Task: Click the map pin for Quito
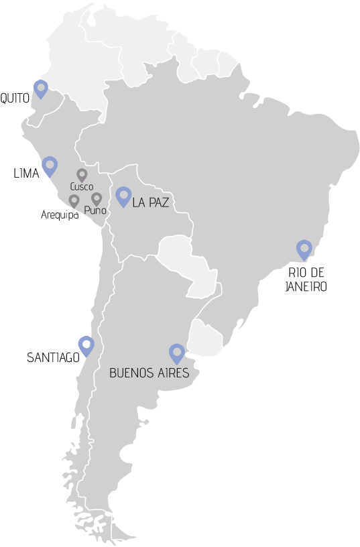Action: tap(42, 88)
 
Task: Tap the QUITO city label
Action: tap(15, 99)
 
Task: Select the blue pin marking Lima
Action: tap(50, 165)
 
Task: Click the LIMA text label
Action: tap(26, 174)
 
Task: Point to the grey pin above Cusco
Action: tap(82, 175)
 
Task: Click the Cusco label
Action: tap(81, 187)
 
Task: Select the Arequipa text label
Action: tap(59, 215)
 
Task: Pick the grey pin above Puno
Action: tap(97, 198)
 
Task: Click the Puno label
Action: tap(95, 210)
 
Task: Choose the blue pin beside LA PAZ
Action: tap(123, 195)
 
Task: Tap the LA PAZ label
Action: tap(151, 202)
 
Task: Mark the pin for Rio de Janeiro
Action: tap(304, 249)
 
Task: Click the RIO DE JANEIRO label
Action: tap(306, 280)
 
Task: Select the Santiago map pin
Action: tap(85, 345)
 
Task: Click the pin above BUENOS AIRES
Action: tap(176, 353)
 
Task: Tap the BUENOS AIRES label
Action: tap(154, 373)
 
